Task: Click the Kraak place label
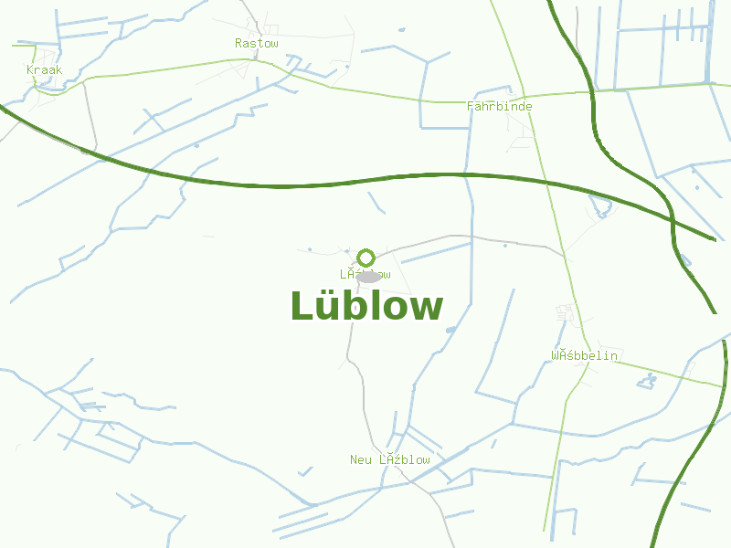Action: (44, 70)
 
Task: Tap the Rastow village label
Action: (256, 43)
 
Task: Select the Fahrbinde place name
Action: (499, 106)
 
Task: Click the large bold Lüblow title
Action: (366, 307)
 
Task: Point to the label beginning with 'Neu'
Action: (389, 459)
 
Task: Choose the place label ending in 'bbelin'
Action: (584, 355)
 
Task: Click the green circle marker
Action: (366, 258)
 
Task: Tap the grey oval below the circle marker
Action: (367, 276)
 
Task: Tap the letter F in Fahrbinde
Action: (471, 106)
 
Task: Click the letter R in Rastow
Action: (238, 43)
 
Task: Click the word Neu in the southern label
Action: (361, 459)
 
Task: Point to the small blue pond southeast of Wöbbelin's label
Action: (648, 378)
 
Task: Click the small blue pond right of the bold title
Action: (450, 330)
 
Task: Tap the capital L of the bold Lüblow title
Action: (301, 307)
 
